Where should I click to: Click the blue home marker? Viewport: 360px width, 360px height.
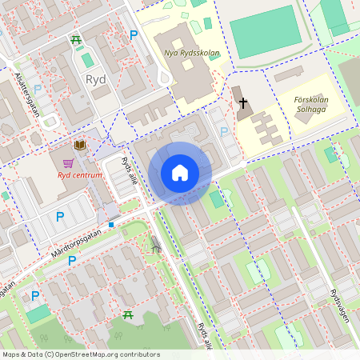coord(180,173)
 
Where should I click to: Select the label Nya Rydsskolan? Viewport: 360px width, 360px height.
coord(191,54)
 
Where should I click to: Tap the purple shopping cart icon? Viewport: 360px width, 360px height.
coord(79,162)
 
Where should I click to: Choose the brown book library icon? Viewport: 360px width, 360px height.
coord(80,145)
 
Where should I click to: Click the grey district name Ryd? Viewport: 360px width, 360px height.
coord(95,79)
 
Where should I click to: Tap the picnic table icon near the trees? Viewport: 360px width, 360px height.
coord(128,314)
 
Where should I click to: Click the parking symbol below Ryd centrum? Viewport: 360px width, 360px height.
coord(59,216)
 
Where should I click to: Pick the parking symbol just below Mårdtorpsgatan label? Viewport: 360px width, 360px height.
coord(71,260)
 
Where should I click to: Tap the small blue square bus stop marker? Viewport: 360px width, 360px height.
coord(111,224)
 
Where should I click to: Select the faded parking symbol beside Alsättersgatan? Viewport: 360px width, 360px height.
coord(38,89)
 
